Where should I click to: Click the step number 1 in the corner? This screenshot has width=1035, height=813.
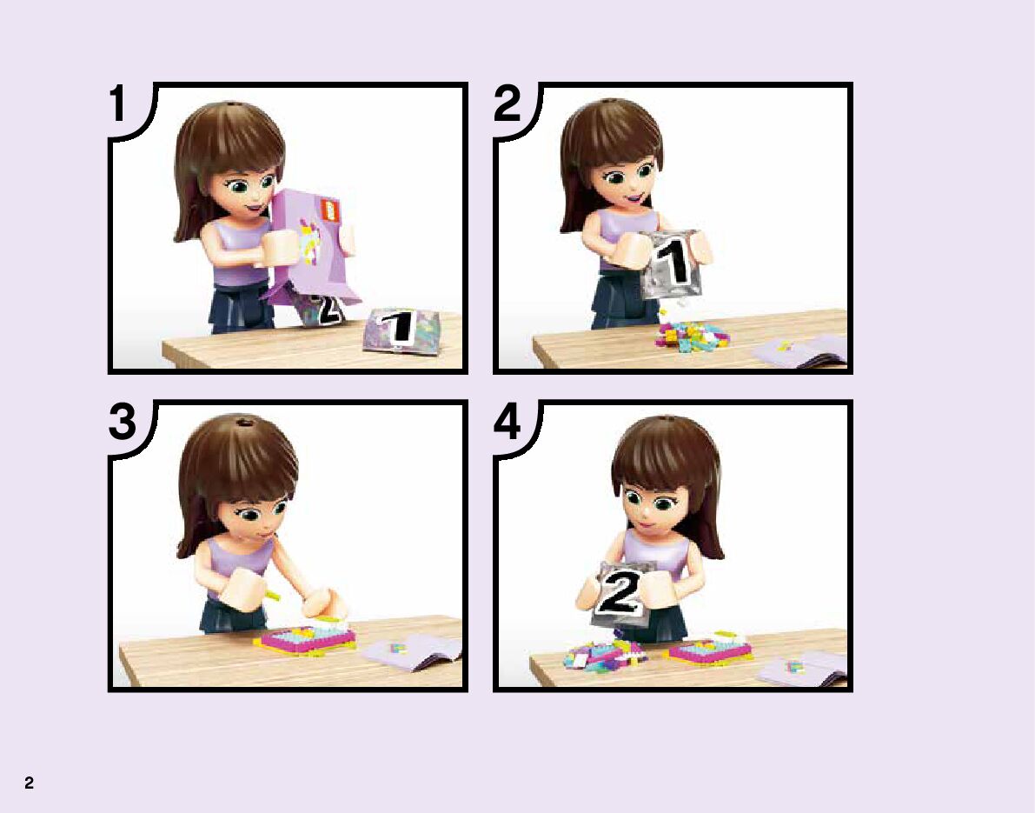tap(118, 103)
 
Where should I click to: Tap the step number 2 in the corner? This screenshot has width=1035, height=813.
tap(507, 103)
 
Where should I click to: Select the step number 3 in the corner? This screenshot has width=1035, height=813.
tap(123, 421)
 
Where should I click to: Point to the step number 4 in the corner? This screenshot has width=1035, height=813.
tap(507, 422)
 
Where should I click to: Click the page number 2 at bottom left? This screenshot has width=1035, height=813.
tap(29, 783)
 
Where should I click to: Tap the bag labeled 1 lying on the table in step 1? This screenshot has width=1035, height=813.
tap(401, 330)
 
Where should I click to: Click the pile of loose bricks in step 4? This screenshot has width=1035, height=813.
tap(604, 654)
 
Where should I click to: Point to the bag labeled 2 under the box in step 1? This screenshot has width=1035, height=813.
tap(322, 310)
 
